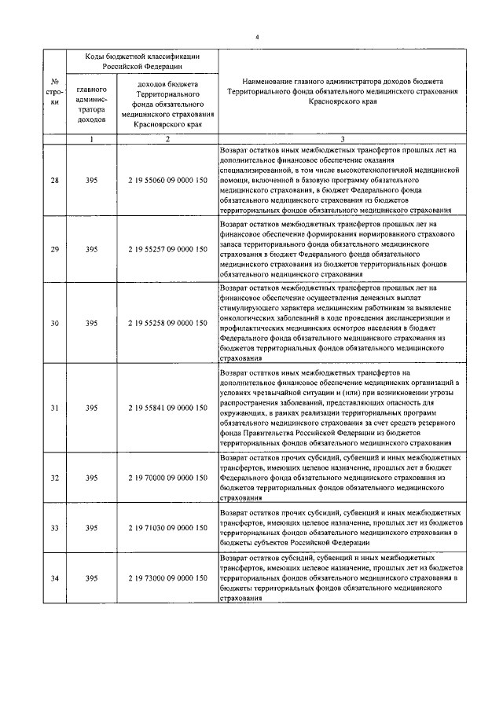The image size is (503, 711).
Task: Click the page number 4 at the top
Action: tap(257, 37)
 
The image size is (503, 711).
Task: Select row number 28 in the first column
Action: tap(54, 181)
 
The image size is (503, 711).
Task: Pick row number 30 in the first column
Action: tap(54, 322)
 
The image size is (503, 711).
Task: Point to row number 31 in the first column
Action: tap(54, 408)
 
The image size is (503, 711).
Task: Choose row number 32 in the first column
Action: tap(54, 477)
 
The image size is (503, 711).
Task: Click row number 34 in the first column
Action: tap(54, 578)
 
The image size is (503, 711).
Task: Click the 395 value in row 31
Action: tap(92, 408)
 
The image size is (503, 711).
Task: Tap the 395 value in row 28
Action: tap(92, 181)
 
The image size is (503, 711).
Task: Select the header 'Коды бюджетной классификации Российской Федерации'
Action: tap(141, 61)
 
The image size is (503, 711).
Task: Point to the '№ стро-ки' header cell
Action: tap(54, 92)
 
